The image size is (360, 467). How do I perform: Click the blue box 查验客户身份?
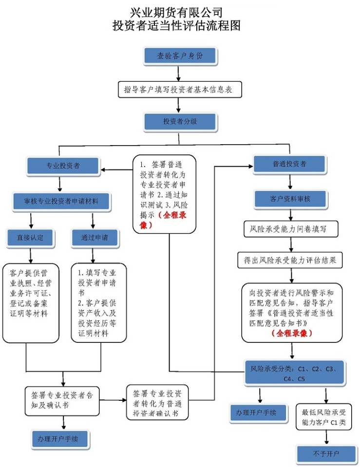pyautogui.click(x=180, y=56)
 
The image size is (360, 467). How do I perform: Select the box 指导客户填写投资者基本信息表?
pyautogui.click(x=180, y=90)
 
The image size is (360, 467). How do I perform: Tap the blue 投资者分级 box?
pyautogui.click(x=180, y=121)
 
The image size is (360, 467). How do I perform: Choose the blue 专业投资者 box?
pyautogui.click(x=63, y=166)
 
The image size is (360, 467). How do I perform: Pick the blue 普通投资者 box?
pyautogui.click(x=289, y=164)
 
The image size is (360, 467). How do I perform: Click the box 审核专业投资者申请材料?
pyautogui.click(x=61, y=201)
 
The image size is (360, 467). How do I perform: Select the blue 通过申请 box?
pyautogui.click(x=95, y=238)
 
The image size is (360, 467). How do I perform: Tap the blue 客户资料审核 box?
pyautogui.click(x=290, y=199)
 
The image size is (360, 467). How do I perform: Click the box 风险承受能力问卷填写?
pyautogui.click(x=291, y=228)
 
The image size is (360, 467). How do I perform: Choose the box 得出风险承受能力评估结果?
pyautogui.click(x=290, y=260)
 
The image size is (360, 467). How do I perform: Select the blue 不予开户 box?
pyautogui.click(x=326, y=454)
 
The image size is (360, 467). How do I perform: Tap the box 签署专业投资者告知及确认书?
pyautogui.click(x=62, y=399)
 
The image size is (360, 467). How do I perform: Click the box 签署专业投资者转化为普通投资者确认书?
pyautogui.click(x=157, y=402)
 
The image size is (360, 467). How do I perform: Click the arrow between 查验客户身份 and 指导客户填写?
pyautogui.click(x=179, y=73)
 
